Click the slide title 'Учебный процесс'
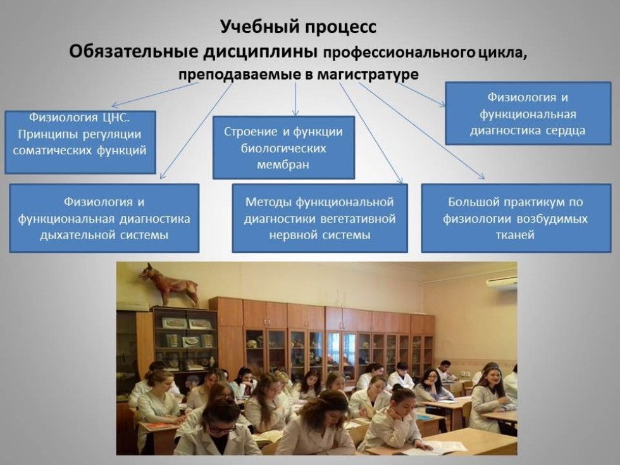click(298, 27)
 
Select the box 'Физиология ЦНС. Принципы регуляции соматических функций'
click(80, 142)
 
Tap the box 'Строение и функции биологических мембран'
click(283, 147)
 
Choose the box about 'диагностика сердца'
click(528, 113)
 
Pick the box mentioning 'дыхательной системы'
click(104, 218)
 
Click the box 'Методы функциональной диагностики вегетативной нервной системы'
click(320, 218)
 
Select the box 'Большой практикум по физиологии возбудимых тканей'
click(516, 218)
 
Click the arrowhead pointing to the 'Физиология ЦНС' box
click(114, 105)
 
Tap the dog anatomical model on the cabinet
click(170, 285)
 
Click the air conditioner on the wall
click(501, 283)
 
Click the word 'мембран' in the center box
click(283, 164)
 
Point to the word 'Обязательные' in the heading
click(133, 51)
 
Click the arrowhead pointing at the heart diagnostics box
click(443, 104)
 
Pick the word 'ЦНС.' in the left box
click(115, 118)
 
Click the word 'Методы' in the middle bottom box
click(269, 202)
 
